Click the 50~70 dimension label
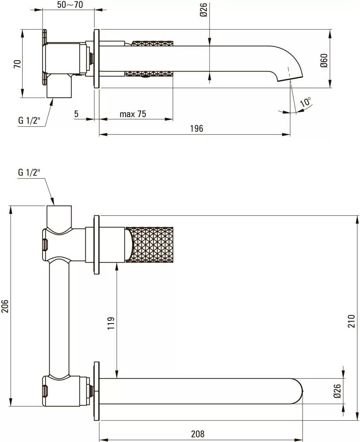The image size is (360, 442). point(70,5)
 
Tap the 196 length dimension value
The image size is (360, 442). point(196,129)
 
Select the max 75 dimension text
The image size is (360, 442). point(133,114)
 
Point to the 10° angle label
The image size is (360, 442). point(305,102)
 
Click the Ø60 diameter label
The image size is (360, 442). point(324,60)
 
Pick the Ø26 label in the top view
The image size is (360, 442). point(203,9)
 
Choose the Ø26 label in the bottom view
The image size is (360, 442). point(337,392)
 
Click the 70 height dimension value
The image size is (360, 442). point(17,65)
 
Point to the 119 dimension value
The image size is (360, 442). point(111,323)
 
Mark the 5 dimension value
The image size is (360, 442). point(76,114)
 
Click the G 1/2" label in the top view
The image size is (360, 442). point(29,120)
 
